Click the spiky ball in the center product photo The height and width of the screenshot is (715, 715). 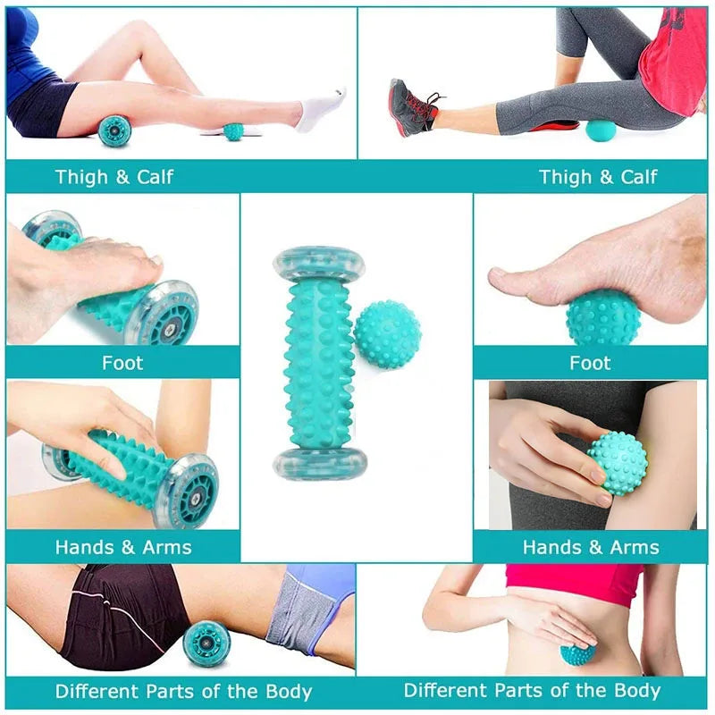[387, 334]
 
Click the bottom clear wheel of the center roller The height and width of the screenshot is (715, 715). [320, 463]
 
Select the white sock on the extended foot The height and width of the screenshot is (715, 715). [320, 109]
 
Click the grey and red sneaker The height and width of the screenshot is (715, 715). [412, 108]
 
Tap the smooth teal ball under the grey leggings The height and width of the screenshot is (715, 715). [601, 130]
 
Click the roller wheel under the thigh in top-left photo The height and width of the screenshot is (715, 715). [114, 130]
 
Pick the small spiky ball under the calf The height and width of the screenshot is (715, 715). [233, 131]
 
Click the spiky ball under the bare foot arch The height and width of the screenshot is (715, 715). [602, 317]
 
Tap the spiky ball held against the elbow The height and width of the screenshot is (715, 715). [618, 461]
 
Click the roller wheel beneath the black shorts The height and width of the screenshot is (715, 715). [206, 643]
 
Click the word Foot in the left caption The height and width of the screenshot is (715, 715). [122, 363]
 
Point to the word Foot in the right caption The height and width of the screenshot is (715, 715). [590, 363]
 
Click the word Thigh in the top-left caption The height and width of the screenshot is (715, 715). [82, 177]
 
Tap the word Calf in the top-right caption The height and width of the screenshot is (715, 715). [638, 177]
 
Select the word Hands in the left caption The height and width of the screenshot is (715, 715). [85, 547]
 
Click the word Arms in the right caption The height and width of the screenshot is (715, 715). [635, 547]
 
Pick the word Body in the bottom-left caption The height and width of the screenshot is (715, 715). [289, 692]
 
